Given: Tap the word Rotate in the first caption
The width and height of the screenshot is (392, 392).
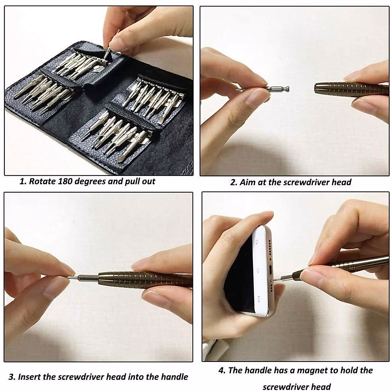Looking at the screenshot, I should pos(43,181).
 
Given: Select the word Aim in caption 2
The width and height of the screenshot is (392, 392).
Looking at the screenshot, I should pos(248,182).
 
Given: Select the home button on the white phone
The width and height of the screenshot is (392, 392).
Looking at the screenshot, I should pos(258,270).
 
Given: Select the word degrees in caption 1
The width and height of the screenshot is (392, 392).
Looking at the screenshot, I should pos(91,181).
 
